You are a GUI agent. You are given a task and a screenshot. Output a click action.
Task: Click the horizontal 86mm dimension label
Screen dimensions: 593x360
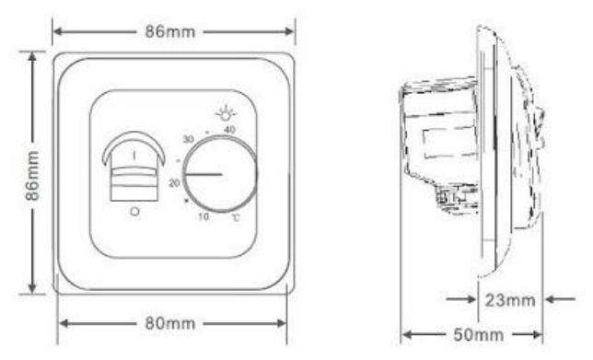click(170, 31)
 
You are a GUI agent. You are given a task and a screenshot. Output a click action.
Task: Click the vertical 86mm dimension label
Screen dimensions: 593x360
click(32, 175)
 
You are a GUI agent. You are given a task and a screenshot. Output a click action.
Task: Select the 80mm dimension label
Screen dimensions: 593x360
click(170, 323)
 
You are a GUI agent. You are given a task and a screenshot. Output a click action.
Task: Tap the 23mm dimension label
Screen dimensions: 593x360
click(510, 300)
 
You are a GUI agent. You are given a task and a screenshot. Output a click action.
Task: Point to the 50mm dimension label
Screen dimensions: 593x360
click(479, 334)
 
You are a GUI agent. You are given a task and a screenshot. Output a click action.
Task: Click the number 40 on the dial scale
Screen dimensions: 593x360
click(229, 130)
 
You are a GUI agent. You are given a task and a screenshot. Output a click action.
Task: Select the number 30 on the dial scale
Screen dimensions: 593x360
click(189, 139)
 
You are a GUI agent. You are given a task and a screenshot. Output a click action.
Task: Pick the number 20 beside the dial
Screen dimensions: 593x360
click(174, 183)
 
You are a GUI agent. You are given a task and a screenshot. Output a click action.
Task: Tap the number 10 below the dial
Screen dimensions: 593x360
click(203, 216)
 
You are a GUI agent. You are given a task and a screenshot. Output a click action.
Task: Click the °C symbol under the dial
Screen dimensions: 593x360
click(236, 217)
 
